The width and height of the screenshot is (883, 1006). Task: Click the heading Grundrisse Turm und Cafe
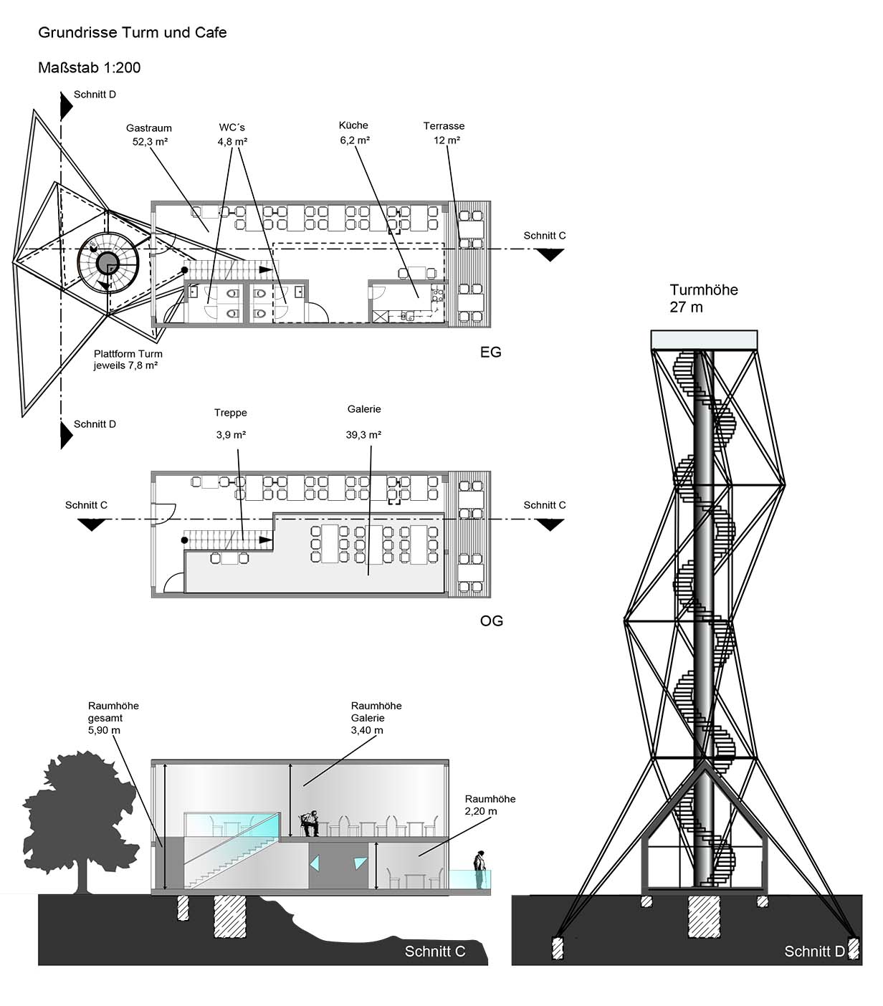pyautogui.click(x=132, y=33)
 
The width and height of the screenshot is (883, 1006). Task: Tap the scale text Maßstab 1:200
pyautogui.click(x=90, y=67)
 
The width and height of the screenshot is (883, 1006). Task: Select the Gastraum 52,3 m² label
pyautogui.click(x=149, y=135)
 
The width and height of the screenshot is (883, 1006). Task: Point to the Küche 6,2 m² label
pyautogui.click(x=354, y=133)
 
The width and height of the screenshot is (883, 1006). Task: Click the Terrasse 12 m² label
pyautogui.click(x=444, y=133)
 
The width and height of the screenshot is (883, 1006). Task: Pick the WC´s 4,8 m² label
pyautogui.click(x=232, y=134)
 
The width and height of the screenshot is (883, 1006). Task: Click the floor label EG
pyautogui.click(x=490, y=352)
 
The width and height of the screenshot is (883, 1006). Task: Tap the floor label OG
pyautogui.click(x=491, y=621)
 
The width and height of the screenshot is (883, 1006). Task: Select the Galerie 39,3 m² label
pyautogui.click(x=363, y=421)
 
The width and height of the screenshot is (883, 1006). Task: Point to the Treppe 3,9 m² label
pyautogui.click(x=231, y=423)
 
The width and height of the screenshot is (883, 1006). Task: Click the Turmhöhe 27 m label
pyautogui.click(x=704, y=298)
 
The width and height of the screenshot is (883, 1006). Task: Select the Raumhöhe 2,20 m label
pyautogui.click(x=490, y=805)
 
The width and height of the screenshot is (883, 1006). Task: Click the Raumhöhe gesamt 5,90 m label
pyautogui.click(x=113, y=718)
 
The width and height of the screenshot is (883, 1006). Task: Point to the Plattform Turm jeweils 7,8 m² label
pyautogui.click(x=128, y=360)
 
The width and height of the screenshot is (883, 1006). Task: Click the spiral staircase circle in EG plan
pyautogui.click(x=108, y=263)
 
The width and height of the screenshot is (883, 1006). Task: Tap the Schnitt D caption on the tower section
pyautogui.click(x=814, y=952)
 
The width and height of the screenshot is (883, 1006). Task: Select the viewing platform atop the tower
pyautogui.click(x=705, y=340)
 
